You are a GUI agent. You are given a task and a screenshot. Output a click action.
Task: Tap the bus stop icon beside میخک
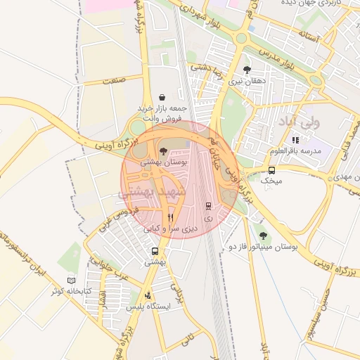tap(272, 170)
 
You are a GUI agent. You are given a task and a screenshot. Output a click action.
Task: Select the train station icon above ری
tap(208, 206)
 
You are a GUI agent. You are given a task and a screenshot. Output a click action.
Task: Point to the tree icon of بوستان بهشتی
tap(163, 151)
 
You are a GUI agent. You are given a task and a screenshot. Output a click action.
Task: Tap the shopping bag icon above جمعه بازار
tap(162, 97)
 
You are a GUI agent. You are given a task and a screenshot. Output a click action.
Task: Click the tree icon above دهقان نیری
tap(247, 70)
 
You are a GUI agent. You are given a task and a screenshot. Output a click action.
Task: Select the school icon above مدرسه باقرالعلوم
tap(295, 140)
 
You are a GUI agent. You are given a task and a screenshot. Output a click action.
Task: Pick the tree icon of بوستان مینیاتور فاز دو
tap(264, 236)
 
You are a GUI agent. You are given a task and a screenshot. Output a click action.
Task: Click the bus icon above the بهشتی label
tap(155, 251)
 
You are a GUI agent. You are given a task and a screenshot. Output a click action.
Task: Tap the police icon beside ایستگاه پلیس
tap(147, 295)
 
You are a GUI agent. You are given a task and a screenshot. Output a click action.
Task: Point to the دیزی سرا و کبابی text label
tap(171, 229)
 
